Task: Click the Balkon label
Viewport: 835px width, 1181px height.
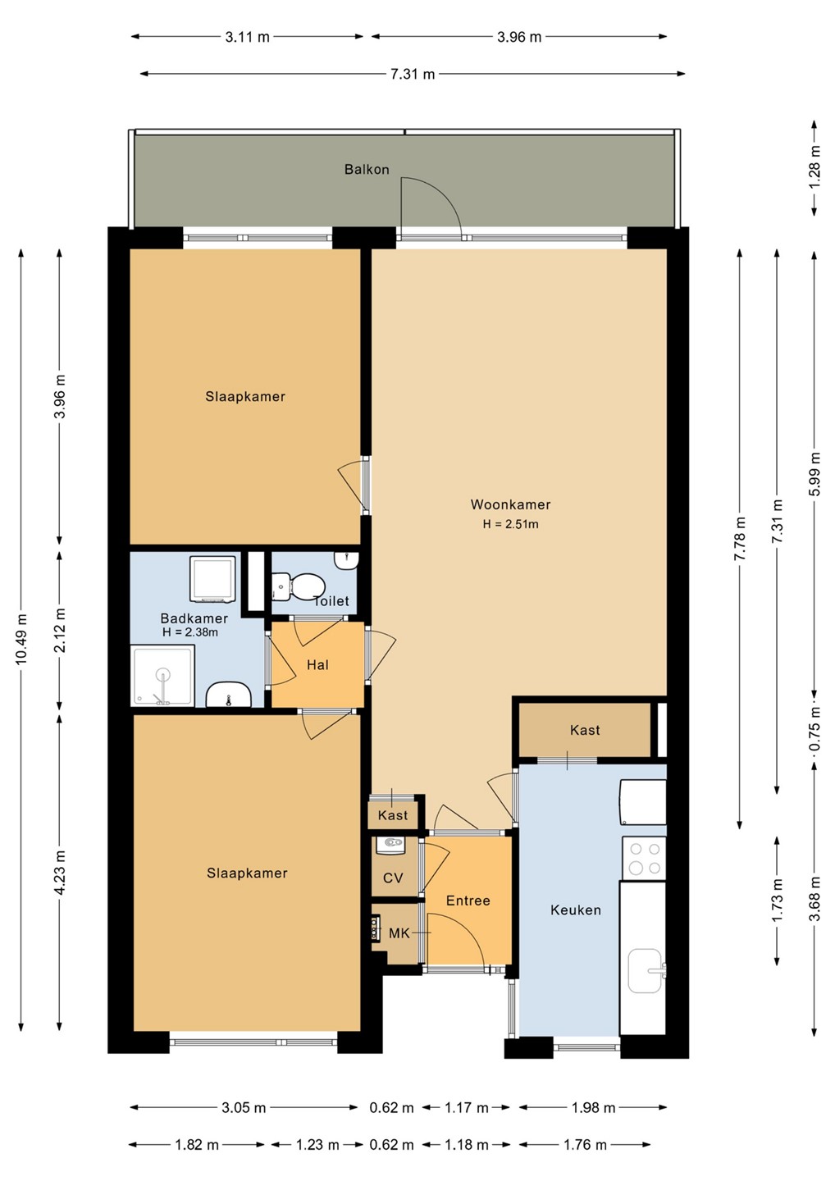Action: click(367, 169)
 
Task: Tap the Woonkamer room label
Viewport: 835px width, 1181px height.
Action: click(510, 504)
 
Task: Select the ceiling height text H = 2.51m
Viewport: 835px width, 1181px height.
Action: click(510, 524)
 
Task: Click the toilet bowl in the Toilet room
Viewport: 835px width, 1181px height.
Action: click(298, 586)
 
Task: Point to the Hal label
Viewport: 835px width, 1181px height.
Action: click(317, 665)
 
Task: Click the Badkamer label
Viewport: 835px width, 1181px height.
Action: click(194, 618)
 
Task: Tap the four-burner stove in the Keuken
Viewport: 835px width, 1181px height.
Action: click(644, 858)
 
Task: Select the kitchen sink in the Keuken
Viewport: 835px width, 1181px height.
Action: click(647, 971)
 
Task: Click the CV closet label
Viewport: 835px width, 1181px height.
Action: click(393, 878)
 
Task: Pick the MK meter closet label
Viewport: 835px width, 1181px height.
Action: click(399, 933)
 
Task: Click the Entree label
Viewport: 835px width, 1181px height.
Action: click(468, 901)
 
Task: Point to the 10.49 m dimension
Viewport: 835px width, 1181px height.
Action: click(21, 640)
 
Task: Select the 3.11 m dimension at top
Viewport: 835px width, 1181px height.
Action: click(247, 37)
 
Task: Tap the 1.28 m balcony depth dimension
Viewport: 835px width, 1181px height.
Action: click(814, 167)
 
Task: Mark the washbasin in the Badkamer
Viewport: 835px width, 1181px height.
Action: click(228, 695)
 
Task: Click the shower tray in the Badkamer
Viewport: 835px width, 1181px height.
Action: click(163, 676)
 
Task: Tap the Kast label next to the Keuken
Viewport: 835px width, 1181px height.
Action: click(585, 730)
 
